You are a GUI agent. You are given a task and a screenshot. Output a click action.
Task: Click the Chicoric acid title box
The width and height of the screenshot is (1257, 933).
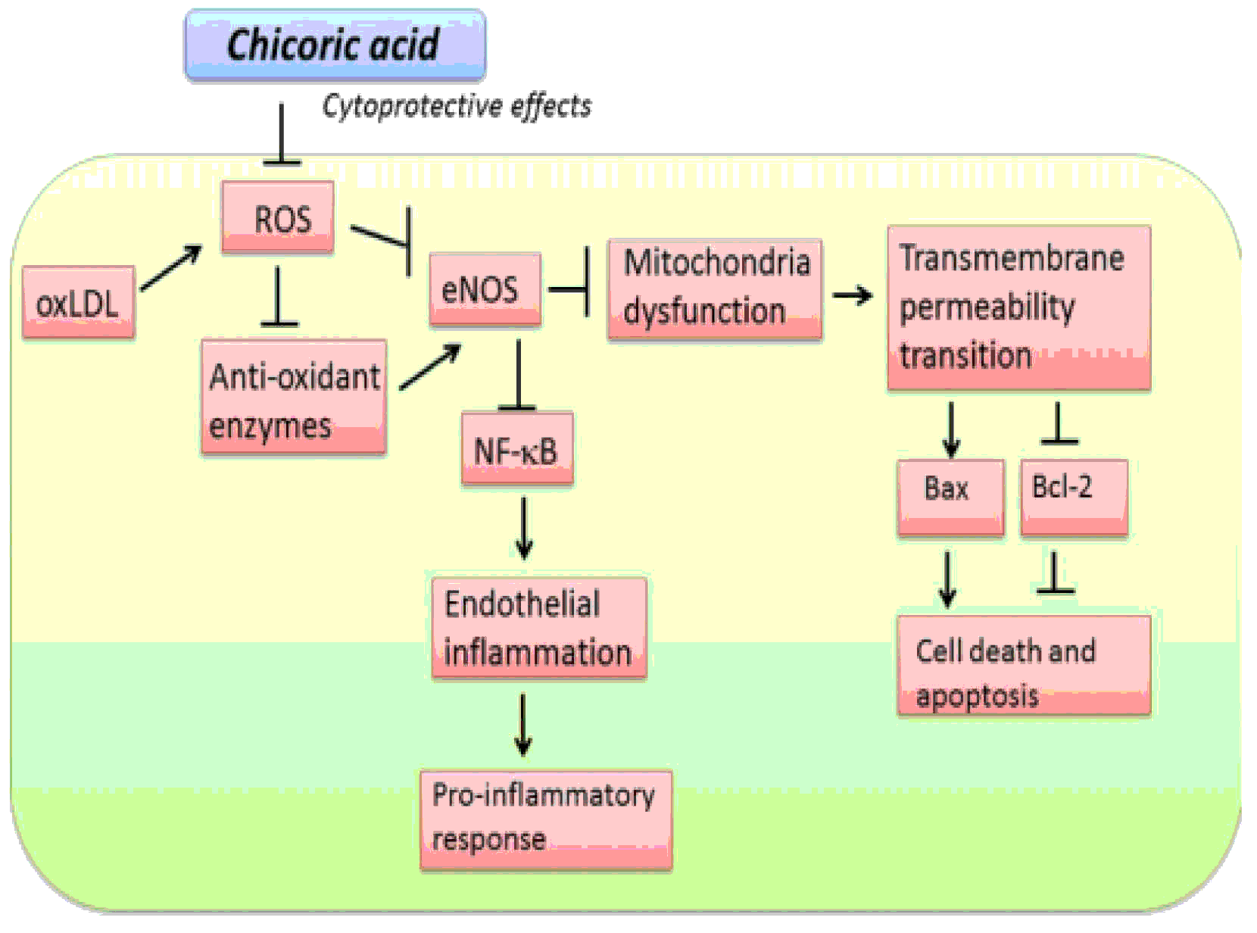point(335,45)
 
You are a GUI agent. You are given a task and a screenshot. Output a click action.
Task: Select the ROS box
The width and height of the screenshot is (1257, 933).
point(278,218)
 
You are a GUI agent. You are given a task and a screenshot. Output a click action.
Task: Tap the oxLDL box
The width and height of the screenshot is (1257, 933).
point(79,302)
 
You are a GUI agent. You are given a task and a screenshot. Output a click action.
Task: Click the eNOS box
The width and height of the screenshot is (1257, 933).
point(485,289)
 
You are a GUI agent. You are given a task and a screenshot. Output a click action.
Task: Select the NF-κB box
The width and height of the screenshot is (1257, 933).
point(516,449)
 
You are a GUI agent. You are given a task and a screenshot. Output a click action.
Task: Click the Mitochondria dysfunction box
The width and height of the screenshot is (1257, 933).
point(714,289)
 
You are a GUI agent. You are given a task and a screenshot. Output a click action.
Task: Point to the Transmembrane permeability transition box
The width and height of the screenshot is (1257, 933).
point(1018,307)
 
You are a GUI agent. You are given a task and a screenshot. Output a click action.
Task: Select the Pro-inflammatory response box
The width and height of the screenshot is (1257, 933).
point(546,819)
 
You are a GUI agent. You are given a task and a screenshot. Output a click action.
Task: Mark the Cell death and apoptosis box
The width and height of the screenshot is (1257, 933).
point(1023,665)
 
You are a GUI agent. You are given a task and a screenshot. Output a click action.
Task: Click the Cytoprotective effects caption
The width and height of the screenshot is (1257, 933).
point(457,106)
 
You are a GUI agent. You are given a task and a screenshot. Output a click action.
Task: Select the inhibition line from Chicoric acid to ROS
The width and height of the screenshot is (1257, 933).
point(282,134)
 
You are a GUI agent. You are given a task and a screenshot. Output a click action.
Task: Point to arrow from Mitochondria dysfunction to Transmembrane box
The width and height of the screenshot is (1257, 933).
point(853,295)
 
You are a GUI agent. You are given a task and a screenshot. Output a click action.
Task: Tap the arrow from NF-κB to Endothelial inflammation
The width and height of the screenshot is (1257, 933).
point(523,528)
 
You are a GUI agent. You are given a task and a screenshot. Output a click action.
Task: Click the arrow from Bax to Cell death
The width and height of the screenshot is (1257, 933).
point(947,579)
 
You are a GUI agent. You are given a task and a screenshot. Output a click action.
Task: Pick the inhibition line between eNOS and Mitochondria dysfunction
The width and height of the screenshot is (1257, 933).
point(569,289)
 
